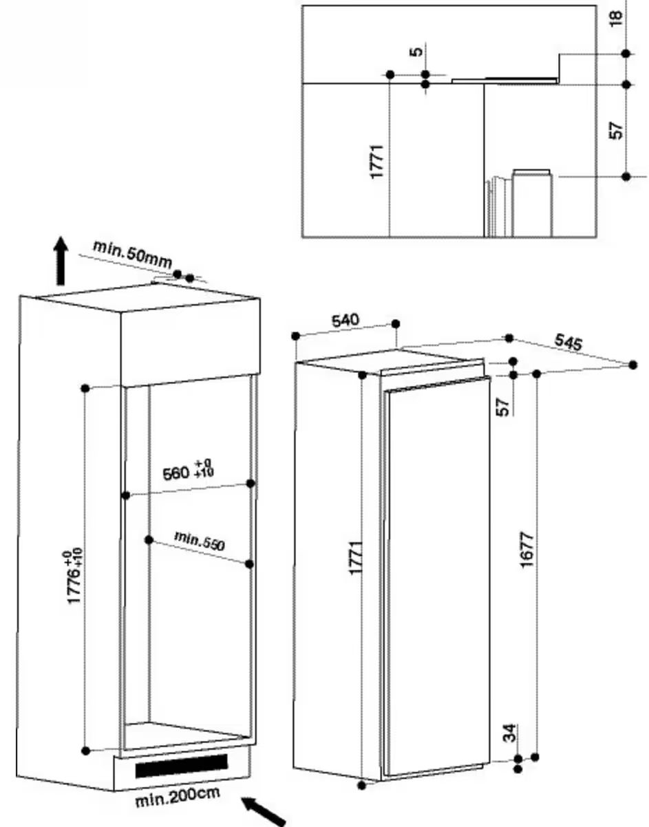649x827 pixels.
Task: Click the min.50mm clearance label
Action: (132, 254)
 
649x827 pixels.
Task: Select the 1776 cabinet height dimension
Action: (74, 577)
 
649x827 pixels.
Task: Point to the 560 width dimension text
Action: (176, 474)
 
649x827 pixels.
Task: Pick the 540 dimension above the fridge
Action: (345, 320)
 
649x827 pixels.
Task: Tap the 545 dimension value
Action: (568, 342)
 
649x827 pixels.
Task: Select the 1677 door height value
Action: (527, 550)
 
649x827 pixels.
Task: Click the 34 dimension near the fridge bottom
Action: (511, 733)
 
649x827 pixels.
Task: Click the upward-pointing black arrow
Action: (61, 261)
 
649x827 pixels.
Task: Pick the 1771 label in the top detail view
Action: (377, 162)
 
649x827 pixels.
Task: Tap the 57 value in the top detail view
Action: (616, 131)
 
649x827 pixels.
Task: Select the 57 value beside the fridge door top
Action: (503, 407)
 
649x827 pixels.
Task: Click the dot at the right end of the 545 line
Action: (633, 365)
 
